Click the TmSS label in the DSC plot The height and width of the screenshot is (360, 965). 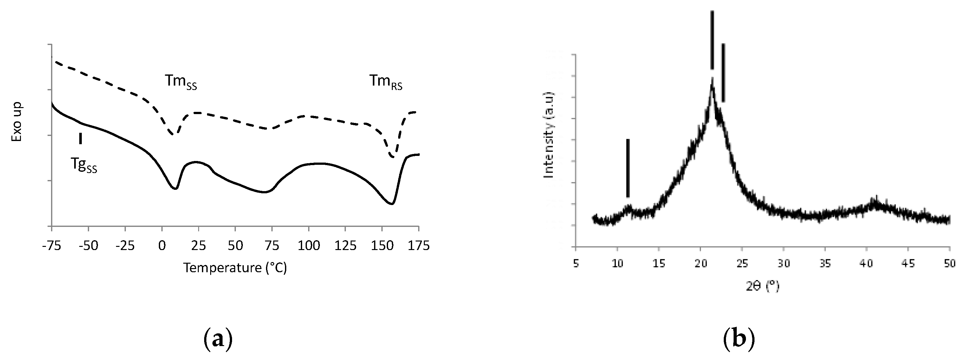pos(181,82)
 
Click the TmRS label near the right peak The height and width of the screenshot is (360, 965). pos(386,82)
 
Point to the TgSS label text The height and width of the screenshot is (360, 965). pos(84,165)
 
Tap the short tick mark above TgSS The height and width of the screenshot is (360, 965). pos(80,138)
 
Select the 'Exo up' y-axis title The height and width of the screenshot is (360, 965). pos(17,122)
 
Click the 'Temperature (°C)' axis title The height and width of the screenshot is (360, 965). pos(235,268)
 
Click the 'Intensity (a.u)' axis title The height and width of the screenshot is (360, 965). pos(548,135)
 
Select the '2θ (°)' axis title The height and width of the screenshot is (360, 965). pos(763,287)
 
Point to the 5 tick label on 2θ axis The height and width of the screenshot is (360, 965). pos(576,264)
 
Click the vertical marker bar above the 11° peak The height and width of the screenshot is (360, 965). pos(628,168)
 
